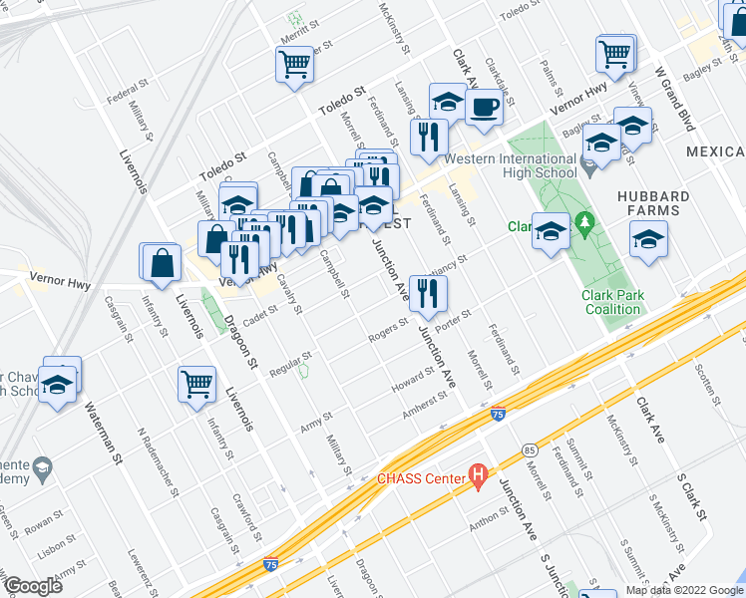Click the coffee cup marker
(x=484, y=109)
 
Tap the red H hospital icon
(x=479, y=478)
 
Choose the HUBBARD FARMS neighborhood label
(x=648, y=203)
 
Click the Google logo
(x=32, y=585)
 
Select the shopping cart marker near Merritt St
(x=295, y=66)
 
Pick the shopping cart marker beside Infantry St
(x=196, y=384)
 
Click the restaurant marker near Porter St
(x=429, y=293)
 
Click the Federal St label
(x=128, y=99)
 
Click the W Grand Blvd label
(x=673, y=99)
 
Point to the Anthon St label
(x=490, y=518)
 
